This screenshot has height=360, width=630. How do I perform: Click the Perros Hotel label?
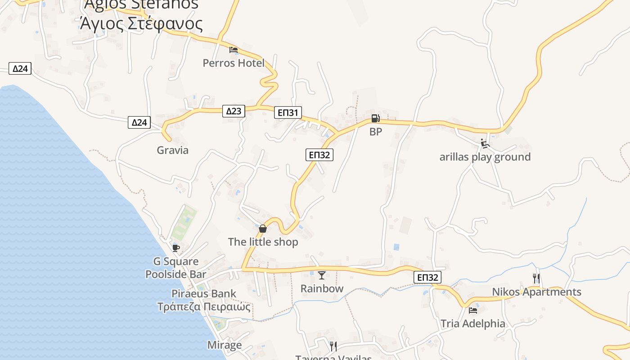234,63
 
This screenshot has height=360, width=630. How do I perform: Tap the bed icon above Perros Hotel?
234,49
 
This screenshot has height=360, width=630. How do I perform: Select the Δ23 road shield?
234,111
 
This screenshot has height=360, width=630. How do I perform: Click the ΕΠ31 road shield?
288,112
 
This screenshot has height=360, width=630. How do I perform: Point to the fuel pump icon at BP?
375,118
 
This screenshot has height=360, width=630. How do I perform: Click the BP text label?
376,132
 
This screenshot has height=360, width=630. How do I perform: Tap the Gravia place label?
172,150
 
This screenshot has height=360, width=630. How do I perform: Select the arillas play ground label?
485,157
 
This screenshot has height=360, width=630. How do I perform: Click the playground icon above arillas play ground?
485,144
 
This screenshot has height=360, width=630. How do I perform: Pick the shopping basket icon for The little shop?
263,229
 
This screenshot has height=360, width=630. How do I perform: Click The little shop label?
263,242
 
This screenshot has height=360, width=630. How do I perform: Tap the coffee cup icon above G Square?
176,248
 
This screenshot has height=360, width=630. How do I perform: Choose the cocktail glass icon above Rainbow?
322,275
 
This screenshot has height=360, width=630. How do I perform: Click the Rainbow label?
322,288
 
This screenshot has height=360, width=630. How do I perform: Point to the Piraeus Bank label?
204,294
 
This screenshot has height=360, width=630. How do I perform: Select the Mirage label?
225,345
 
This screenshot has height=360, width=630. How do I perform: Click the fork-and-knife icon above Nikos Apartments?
536,278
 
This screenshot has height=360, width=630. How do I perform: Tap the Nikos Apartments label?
536,292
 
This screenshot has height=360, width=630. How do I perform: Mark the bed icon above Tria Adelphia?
473,310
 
